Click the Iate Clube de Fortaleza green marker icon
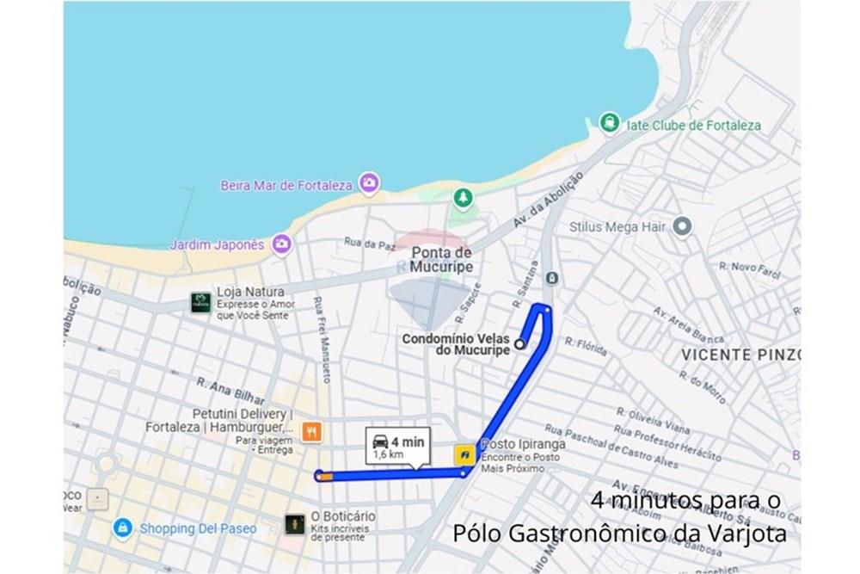tap(610, 123)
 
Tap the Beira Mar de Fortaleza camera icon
tap(370, 182)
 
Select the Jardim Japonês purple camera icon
tap(281, 244)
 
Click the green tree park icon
tap(464, 199)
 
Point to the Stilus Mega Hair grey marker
tap(682, 226)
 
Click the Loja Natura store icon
tap(200, 302)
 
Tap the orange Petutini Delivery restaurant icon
tap(311, 432)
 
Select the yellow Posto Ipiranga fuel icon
tap(464, 454)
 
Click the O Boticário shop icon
tap(295, 523)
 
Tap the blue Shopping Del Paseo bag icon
tap(123, 527)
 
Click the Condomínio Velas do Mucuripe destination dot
tap(519, 344)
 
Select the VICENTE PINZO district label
tap(740, 355)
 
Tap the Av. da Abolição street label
tap(547, 200)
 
